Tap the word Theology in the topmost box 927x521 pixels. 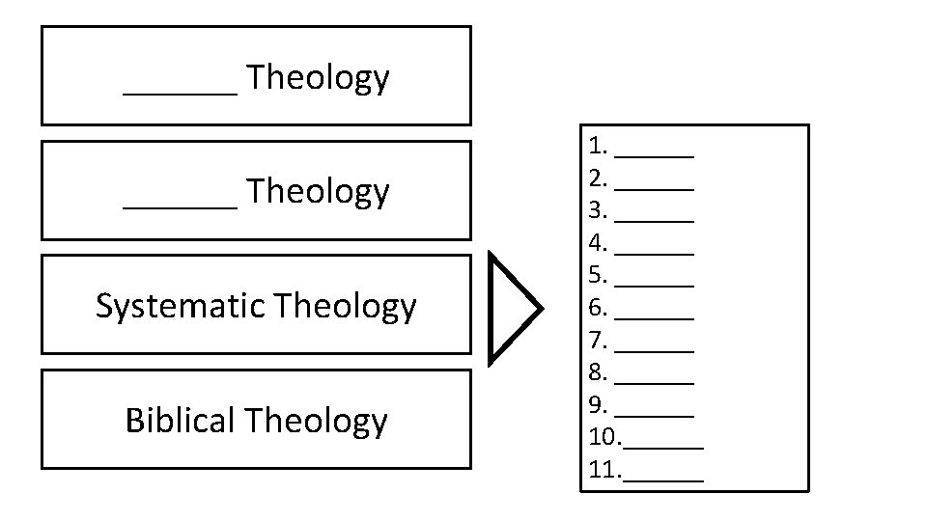(318, 77)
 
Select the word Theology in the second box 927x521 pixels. (318, 192)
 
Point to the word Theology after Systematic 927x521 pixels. (345, 307)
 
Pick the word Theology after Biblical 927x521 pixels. (316, 421)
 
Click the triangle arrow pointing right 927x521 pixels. (512, 308)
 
